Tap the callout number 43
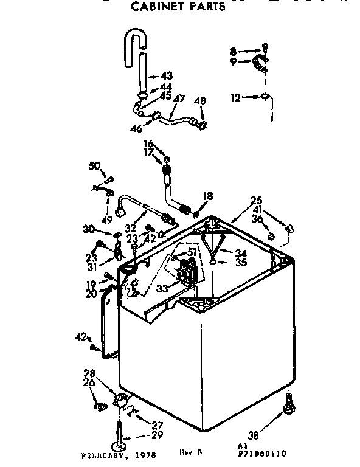[166, 76]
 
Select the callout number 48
[199, 100]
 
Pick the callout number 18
[208, 196]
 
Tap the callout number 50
[94, 166]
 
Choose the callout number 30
[89, 229]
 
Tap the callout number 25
[256, 200]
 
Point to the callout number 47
[179, 99]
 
